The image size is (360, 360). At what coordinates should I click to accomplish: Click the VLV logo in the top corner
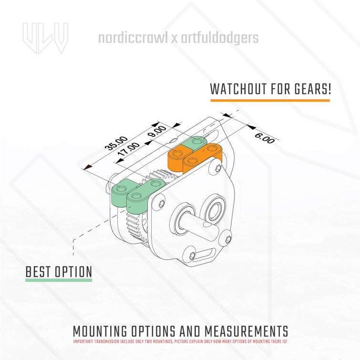45,38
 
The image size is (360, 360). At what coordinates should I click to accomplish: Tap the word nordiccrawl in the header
133,38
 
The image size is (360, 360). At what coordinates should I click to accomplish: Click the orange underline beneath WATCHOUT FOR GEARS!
270,101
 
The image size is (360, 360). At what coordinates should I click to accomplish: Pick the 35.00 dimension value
116,144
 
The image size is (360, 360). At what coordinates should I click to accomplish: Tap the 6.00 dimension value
264,138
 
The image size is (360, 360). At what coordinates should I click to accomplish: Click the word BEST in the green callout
40,272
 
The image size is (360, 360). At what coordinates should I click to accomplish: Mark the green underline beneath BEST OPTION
59,280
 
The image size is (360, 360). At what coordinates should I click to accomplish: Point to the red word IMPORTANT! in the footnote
83,341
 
